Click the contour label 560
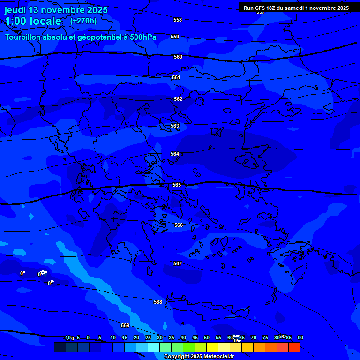(178, 57)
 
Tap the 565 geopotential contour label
(177, 185)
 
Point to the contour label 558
(178, 20)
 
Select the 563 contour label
(175, 126)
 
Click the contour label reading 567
(178, 264)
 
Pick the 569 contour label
(125, 325)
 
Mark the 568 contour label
(158, 302)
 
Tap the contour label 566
(179, 225)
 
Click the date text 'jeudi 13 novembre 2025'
(56, 10)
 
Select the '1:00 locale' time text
(33, 21)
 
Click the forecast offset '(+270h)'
(83, 21)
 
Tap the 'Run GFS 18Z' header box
(296, 8)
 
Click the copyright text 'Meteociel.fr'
(216, 357)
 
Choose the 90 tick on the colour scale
(300, 337)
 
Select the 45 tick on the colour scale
(195, 337)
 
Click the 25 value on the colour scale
(148, 337)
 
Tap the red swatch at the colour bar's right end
(294, 347)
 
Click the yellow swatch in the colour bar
(212, 347)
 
